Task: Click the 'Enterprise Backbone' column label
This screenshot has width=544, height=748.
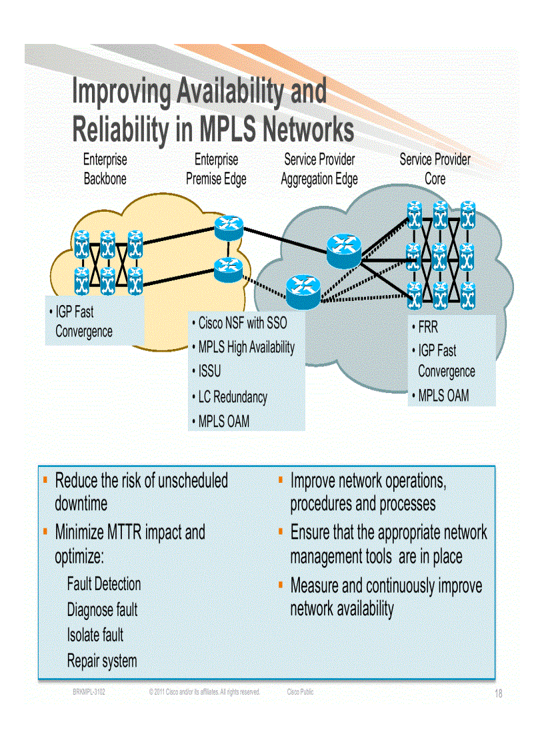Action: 105,169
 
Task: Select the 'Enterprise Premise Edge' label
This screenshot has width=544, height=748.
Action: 216,169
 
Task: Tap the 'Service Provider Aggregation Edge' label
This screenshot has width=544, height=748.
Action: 319,169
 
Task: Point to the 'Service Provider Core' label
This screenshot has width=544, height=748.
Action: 435,169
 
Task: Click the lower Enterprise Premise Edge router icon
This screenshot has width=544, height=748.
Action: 227,266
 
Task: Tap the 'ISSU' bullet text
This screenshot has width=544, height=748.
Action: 209,371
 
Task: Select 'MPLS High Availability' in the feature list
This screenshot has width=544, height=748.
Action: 246,347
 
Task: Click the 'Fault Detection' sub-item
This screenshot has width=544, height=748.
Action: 104,584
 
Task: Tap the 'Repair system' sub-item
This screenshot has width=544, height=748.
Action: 102,661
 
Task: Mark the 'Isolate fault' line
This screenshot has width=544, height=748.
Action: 95,635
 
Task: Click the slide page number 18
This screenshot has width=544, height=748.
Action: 498,694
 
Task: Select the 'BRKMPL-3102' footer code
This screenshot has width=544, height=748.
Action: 89,692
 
